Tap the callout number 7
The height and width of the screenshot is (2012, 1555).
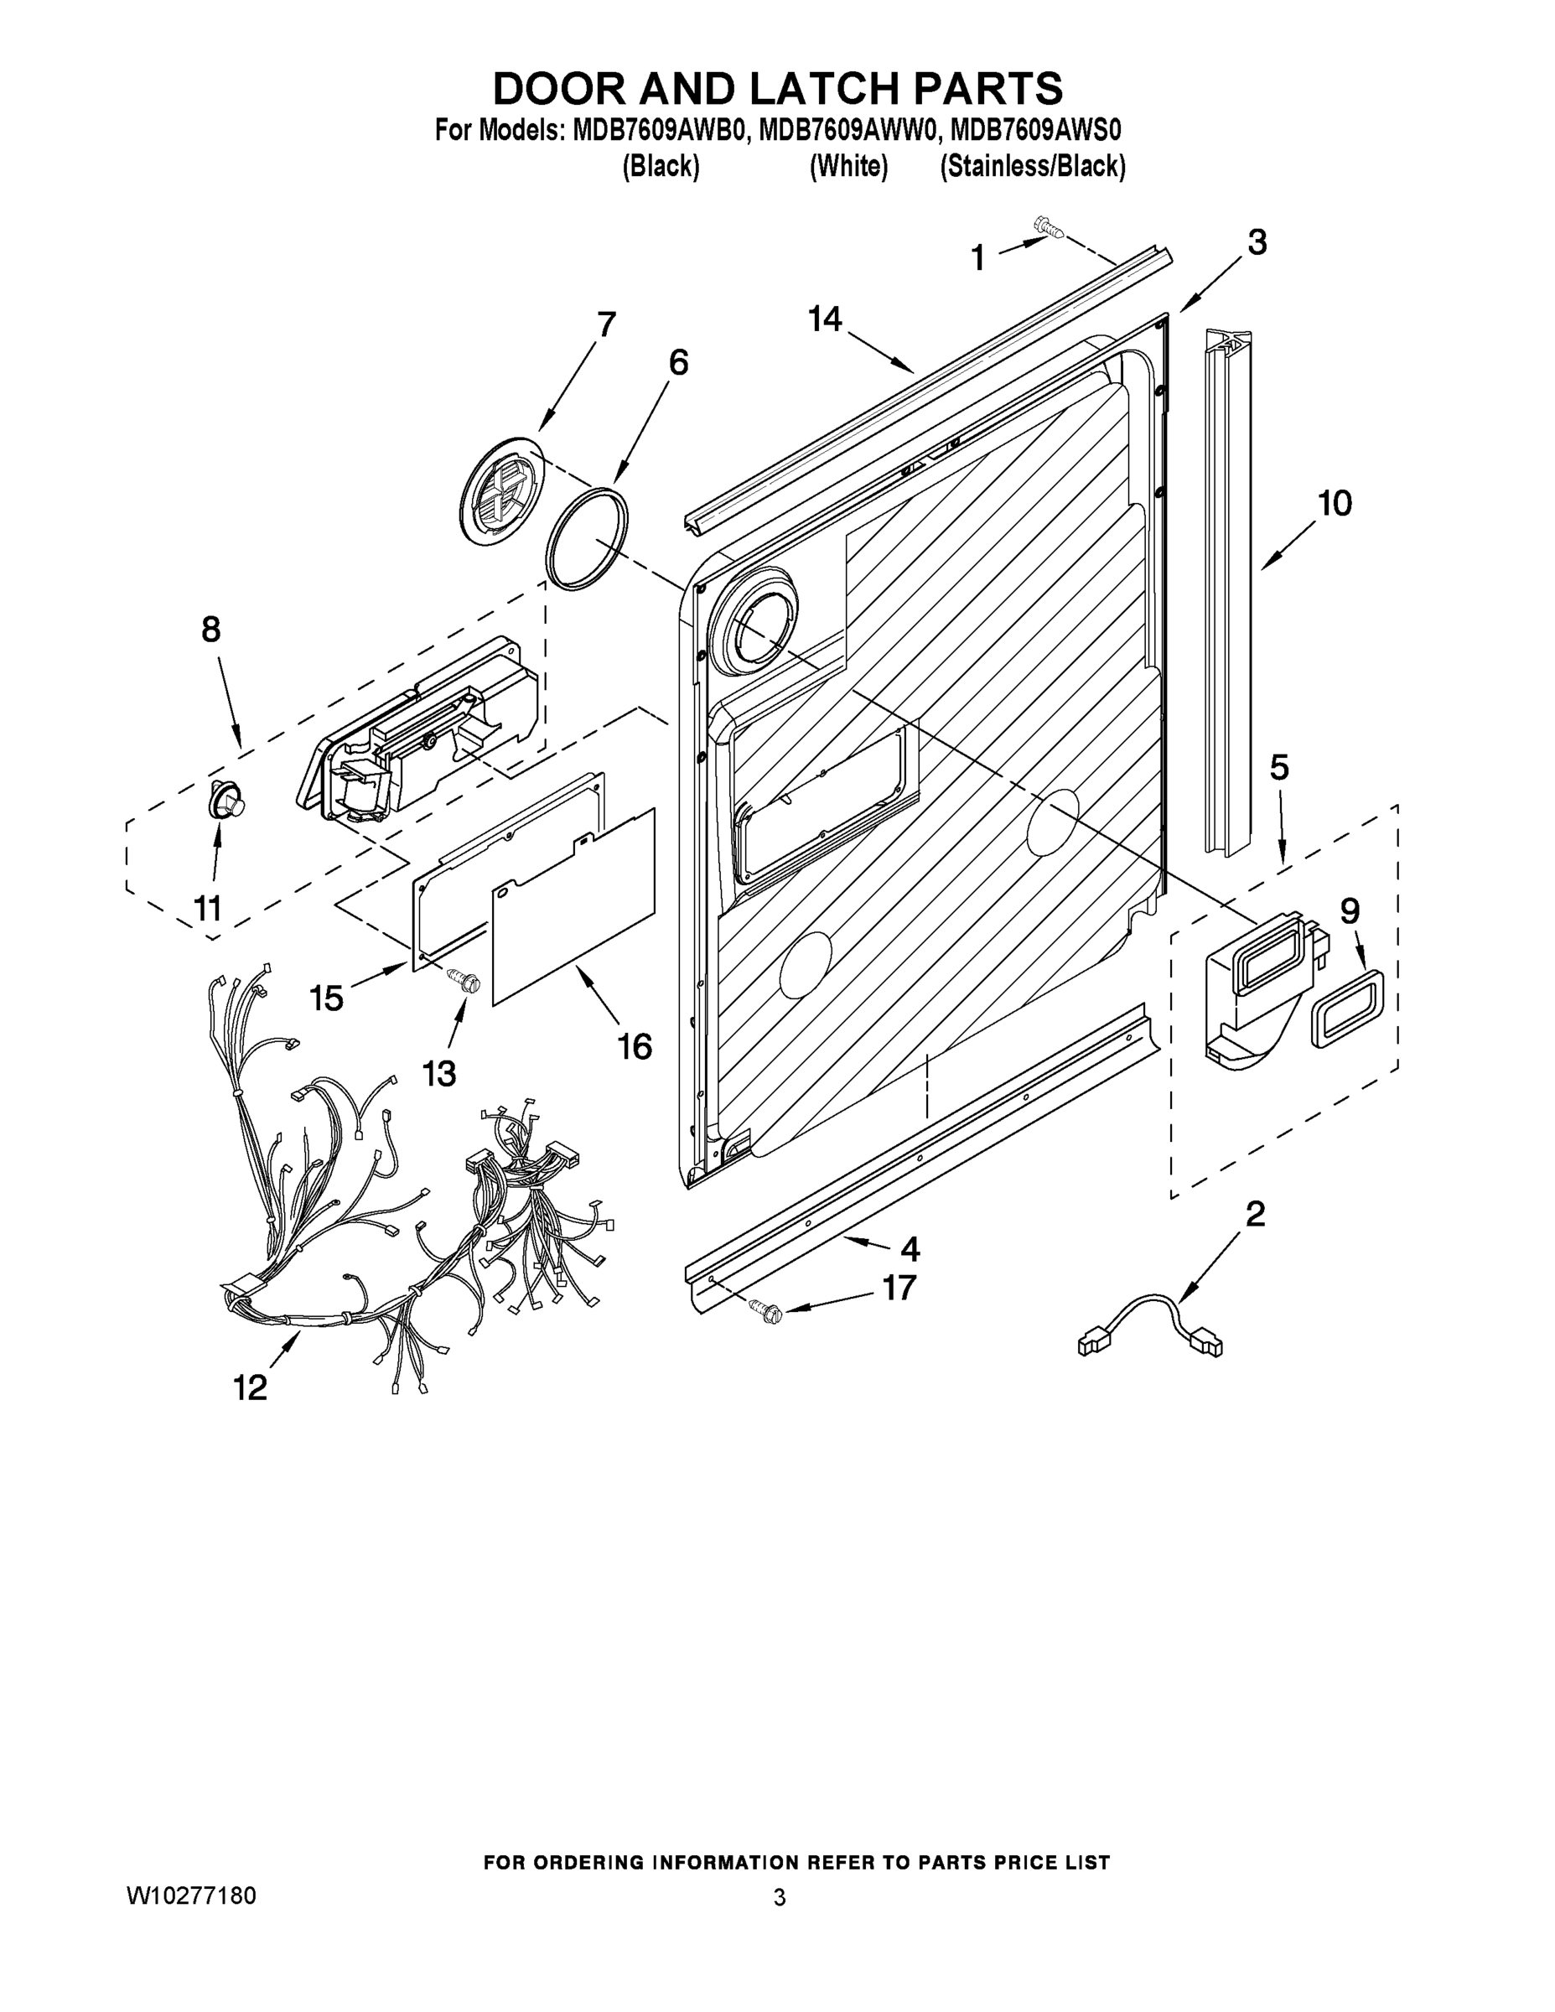pos(605,325)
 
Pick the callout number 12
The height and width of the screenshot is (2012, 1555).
pos(250,1387)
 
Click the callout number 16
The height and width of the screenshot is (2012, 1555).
pos(635,1046)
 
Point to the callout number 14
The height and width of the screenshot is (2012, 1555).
pos(825,319)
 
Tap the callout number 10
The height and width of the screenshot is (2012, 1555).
pos(1335,503)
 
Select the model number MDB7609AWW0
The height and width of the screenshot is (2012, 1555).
pos(848,130)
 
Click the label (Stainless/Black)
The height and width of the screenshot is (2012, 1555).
pos(1032,167)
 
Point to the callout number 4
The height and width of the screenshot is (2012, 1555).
pos(910,1249)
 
